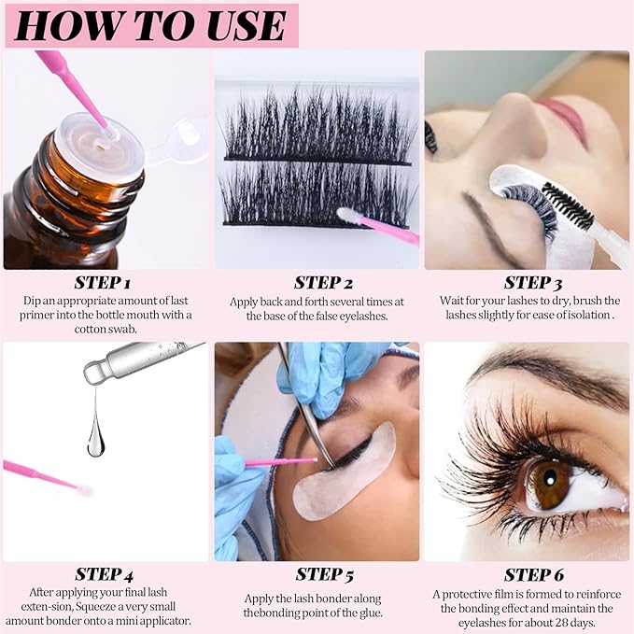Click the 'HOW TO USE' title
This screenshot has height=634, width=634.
click(149, 25)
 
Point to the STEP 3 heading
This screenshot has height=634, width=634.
click(527, 282)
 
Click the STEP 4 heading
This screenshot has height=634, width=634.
click(104, 574)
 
